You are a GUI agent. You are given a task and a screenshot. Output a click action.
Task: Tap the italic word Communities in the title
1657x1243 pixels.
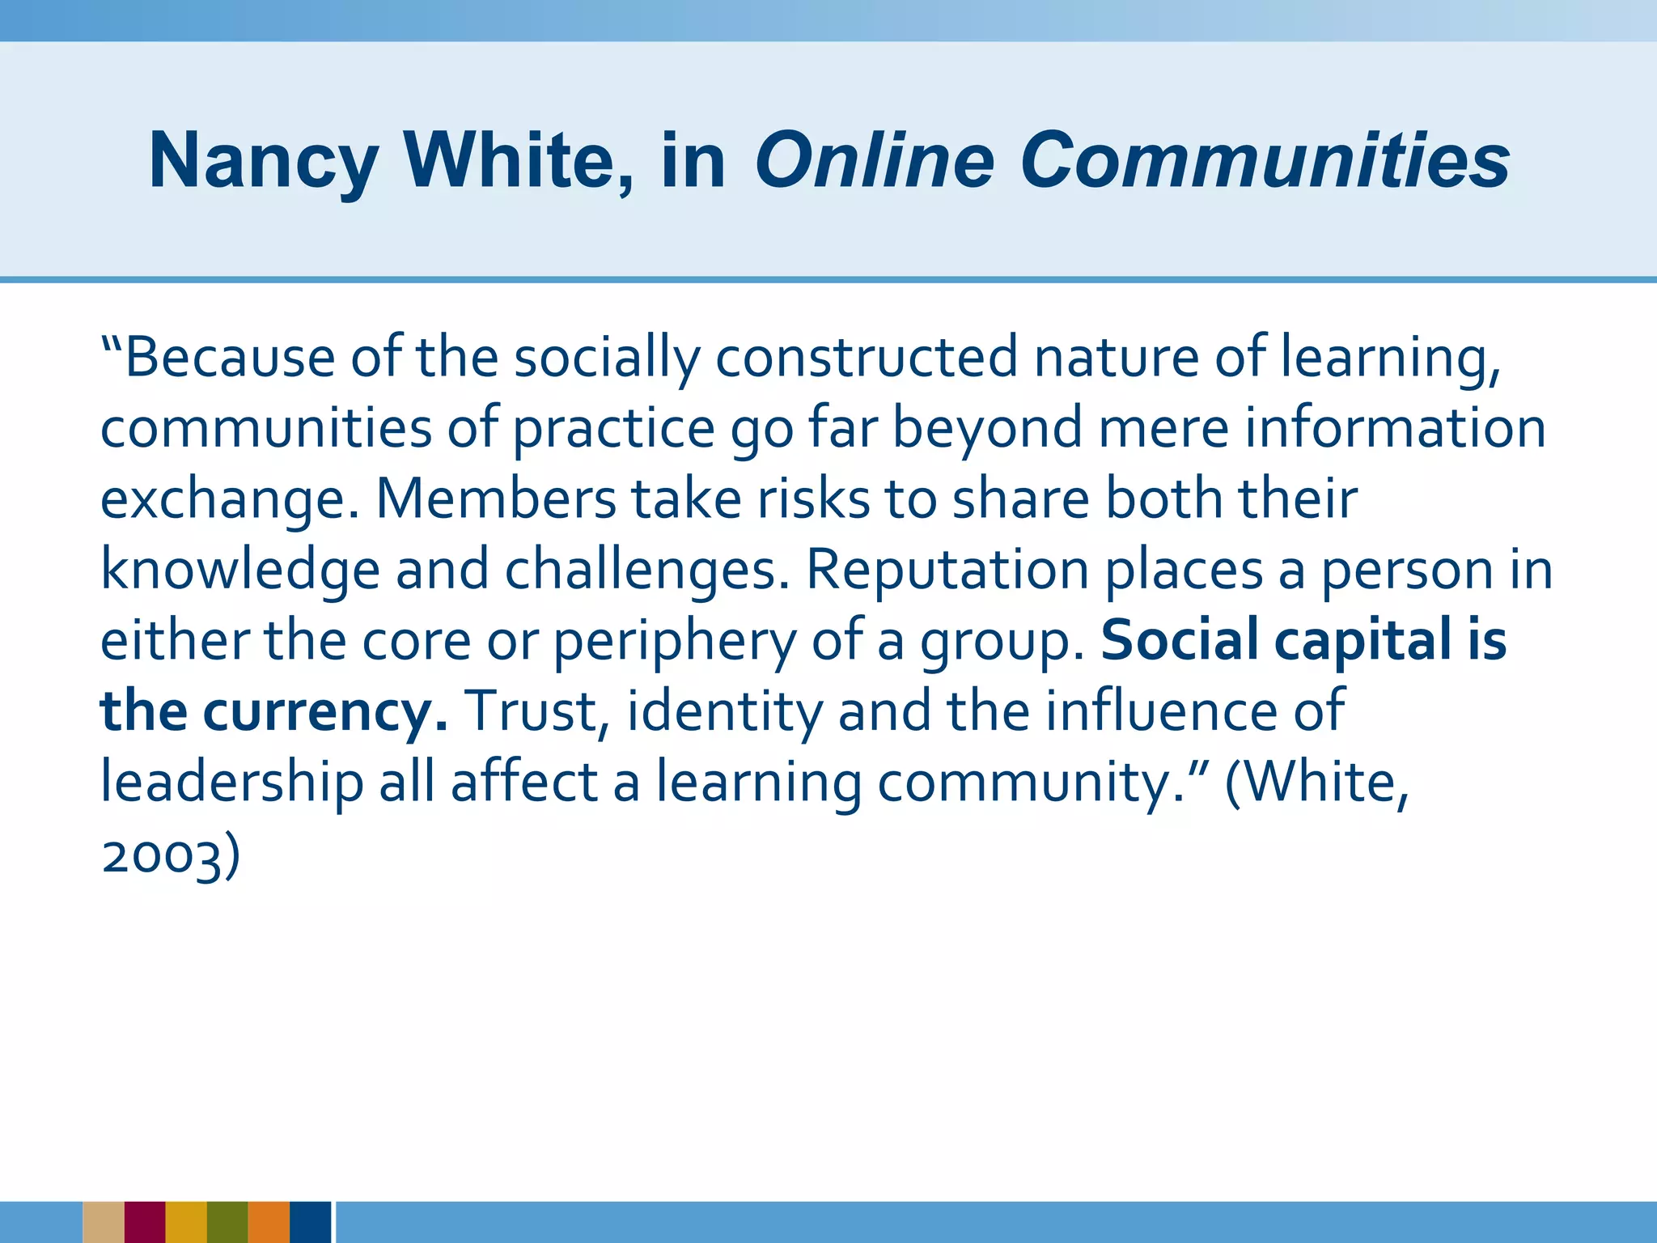coord(1264,160)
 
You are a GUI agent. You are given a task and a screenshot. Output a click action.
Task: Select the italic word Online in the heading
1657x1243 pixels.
coord(874,160)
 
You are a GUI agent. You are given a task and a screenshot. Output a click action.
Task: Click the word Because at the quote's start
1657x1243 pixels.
coord(229,357)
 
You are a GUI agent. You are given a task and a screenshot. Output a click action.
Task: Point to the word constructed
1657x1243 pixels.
coord(867,357)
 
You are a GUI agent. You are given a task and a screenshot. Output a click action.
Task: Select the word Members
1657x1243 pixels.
coord(496,498)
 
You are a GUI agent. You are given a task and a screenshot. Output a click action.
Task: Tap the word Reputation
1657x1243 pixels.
coord(947,570)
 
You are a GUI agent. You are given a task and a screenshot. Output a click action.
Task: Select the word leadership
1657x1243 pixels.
coord(232,783)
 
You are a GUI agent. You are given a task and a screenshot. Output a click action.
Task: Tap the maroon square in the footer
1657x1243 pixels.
coord(145,1222)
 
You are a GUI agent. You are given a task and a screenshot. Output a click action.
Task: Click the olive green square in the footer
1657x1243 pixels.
coord(227,1222)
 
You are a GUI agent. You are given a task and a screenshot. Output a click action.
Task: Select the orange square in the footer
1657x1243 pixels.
coord(269,1222)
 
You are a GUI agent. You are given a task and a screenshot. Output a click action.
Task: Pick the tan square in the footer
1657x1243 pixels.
coord(104,1222)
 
